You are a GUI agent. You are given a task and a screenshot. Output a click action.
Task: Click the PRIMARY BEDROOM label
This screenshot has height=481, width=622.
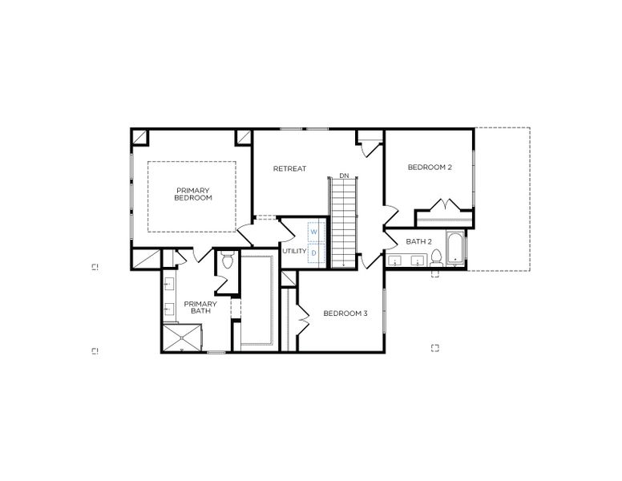click(x=192, y=194)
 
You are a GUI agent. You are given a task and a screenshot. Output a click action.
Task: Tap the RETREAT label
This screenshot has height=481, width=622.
click(x=289, y=168)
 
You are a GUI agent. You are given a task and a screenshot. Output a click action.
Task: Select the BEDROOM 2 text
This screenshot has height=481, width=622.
click(x=430, y=167)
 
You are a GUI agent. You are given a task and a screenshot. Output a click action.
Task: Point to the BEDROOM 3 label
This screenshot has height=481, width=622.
click(x=345, y=313)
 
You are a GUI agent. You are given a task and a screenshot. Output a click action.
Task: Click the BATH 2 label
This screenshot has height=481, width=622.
click(x=418, y=241)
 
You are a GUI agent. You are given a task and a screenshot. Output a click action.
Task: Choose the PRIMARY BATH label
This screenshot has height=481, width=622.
click(x=200, y=307)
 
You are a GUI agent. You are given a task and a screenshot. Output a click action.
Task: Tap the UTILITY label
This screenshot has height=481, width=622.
click(x=294, y=251)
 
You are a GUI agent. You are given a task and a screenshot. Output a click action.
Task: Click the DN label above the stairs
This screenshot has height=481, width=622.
click(x=344, y=176)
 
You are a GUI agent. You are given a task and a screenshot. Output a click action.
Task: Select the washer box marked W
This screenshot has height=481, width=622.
click(x=314, y=232)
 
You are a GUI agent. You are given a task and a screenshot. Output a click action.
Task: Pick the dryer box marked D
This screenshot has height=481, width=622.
click(x=314, y=253)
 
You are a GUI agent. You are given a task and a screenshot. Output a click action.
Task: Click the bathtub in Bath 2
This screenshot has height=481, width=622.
click(x=456, y=248)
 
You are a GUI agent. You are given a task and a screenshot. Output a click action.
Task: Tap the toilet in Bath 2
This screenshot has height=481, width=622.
click(x=437, y=257)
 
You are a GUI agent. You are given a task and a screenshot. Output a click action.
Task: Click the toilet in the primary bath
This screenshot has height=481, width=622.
click(x=226, y=260)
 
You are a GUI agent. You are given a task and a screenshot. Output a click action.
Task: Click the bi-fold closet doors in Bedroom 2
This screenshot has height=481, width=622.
click(x=443, y=204)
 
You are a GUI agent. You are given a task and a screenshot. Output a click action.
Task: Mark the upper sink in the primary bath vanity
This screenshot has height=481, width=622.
click(x=170, y=283)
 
